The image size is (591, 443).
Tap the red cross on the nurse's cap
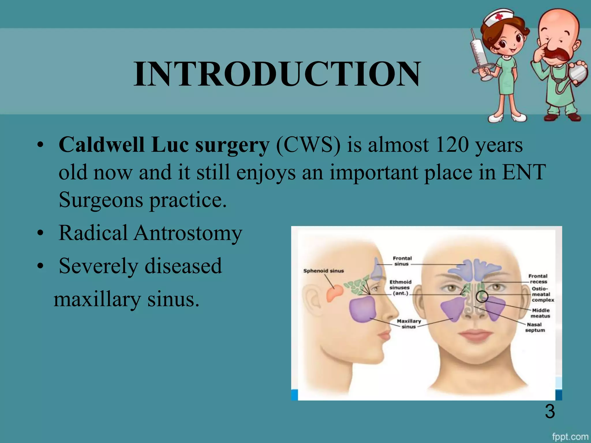pos(499,16)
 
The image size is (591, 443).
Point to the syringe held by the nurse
pos(478,55)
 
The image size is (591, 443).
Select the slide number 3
pos(550,411)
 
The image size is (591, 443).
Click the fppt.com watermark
pos(570,437)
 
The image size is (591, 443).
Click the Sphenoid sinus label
pos(323,271)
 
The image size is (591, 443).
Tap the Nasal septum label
pos(535,327)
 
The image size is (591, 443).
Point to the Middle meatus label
pos(540,313)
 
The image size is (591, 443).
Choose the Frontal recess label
pos(538,279)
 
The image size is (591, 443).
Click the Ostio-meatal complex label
pos(543,294)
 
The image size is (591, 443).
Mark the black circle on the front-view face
pos(482,296)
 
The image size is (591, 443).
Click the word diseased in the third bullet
pos(183,266)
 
